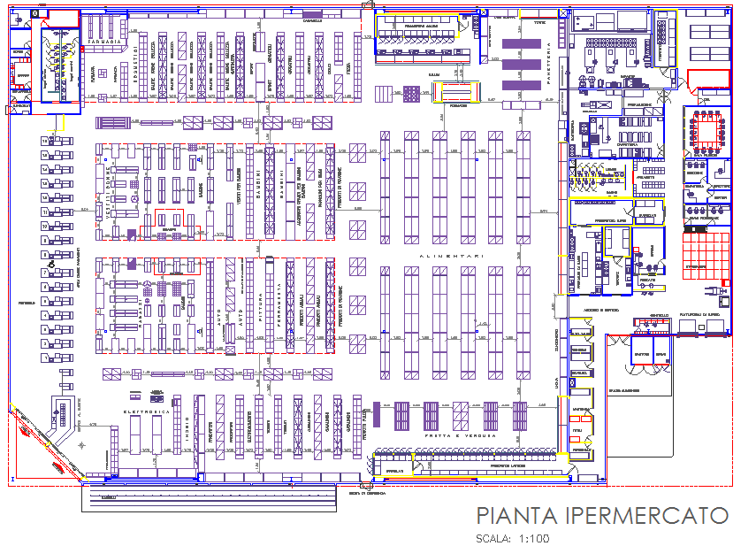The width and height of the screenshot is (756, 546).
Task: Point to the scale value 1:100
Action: pyautogui.click(x=534, y=538)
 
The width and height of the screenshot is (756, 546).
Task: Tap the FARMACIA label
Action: pyautogui.click(x=103, y=42)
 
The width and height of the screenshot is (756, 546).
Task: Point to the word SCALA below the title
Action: pyautogui.click(x=493, y=538)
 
